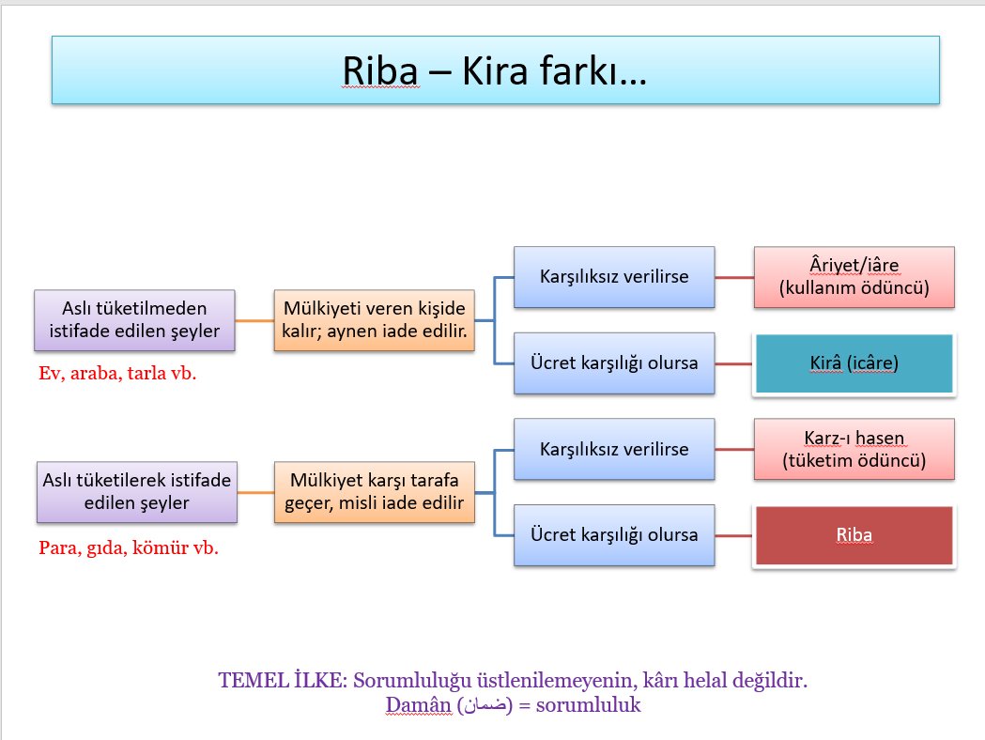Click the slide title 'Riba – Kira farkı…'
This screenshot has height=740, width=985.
click(x=494, y=70)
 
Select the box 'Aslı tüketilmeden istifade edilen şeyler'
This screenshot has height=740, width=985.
click(x=134, y=320)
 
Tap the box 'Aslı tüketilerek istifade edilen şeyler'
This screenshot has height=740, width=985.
click(x=136, y=491)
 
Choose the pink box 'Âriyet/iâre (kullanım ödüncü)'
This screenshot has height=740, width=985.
click(x=854, y=277)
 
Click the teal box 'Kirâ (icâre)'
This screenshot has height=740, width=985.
click(x=854, y=362)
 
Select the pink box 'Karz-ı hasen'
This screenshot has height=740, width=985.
click(x=854, y=449)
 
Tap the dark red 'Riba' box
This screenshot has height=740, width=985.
click(x=854, y=536)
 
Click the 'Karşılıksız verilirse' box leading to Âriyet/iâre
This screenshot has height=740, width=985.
click(x=614, y=277)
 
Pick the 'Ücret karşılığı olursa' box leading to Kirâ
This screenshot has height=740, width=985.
click(x=614, y=362)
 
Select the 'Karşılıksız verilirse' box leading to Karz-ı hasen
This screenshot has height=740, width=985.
click(x=614, y=449)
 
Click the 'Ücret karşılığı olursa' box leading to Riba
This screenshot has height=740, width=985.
click(x=614, y=535)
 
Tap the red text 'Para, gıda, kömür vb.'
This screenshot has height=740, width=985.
click(x=129, y=547)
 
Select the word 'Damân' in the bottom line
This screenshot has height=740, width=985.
click(x=412, y=704)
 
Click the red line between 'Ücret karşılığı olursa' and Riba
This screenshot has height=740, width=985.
click(x=733, y=535)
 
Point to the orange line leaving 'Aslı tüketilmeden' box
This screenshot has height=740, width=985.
click(x=254, y=321)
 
